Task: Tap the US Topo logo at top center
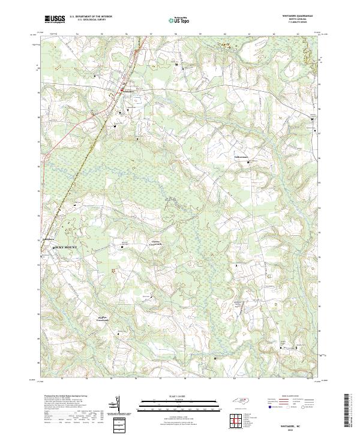tap(179, 20)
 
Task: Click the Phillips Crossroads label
tap(106, 319)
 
